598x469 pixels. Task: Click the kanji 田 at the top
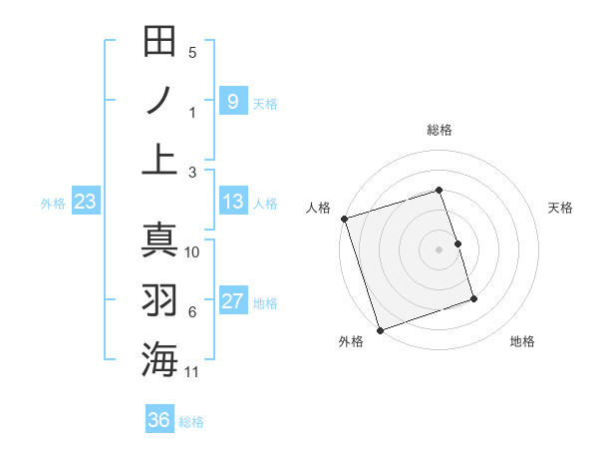point(159,42)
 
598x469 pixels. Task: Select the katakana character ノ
point(159,101)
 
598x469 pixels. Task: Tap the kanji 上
point(159,159)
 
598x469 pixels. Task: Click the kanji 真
point(159,239)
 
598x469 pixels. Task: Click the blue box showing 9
point(232,102)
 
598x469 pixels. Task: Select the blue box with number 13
point(232,203)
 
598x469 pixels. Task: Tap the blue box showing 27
point(232,302)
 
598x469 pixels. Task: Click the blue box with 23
point(86,203)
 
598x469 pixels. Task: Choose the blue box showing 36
point(159,420)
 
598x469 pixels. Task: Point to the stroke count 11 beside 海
point(192,373)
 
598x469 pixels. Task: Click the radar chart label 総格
point(439,130)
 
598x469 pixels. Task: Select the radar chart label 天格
point(560,208)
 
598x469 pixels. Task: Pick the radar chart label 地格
point(522,342)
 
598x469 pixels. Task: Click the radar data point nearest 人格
point(344,219)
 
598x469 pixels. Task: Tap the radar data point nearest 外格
point(380,329)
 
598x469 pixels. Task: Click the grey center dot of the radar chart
point(439,249)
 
